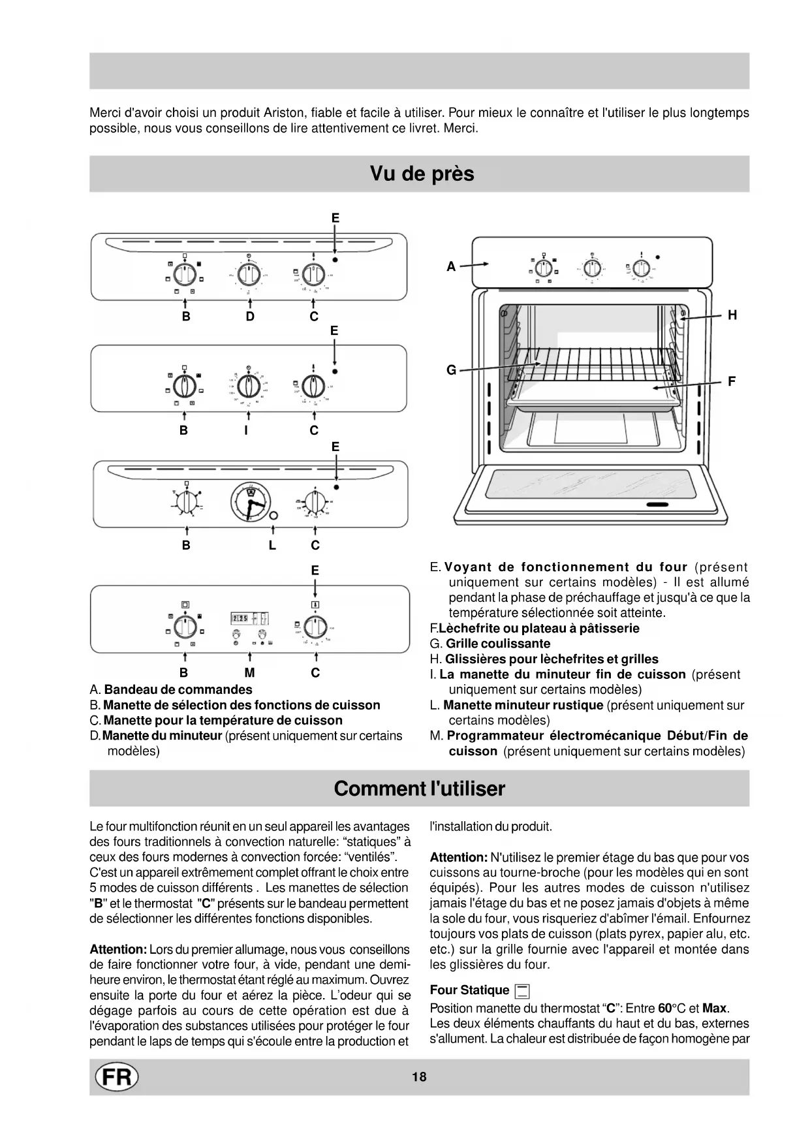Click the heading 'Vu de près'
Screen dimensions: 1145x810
click(x=422, y=174)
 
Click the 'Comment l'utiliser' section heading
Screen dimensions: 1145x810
click(x=419, y=789)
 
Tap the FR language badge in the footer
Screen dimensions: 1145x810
click(x=117, y=1076)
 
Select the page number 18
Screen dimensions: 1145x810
click(x=419, y=1076)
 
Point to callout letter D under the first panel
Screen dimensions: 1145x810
click(x=250, y=317)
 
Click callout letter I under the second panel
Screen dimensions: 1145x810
click(x=245, y=430)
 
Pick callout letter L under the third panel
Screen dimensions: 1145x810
click(x=272, y=545)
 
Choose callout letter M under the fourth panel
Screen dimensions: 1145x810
click(x=249, y=672)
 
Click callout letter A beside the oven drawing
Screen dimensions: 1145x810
click(x=451, y=266)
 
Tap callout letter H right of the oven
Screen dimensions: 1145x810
click(x=732, y=315)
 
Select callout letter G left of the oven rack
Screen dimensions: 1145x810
click(x=451, y=370)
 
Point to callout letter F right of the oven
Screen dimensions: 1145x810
click(x=732, y=381)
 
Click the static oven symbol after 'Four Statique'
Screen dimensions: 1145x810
click(x=522, y=992)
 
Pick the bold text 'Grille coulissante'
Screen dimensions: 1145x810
click(x=498, y=644)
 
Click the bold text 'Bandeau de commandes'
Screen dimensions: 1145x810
click(x=178, y=689)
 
